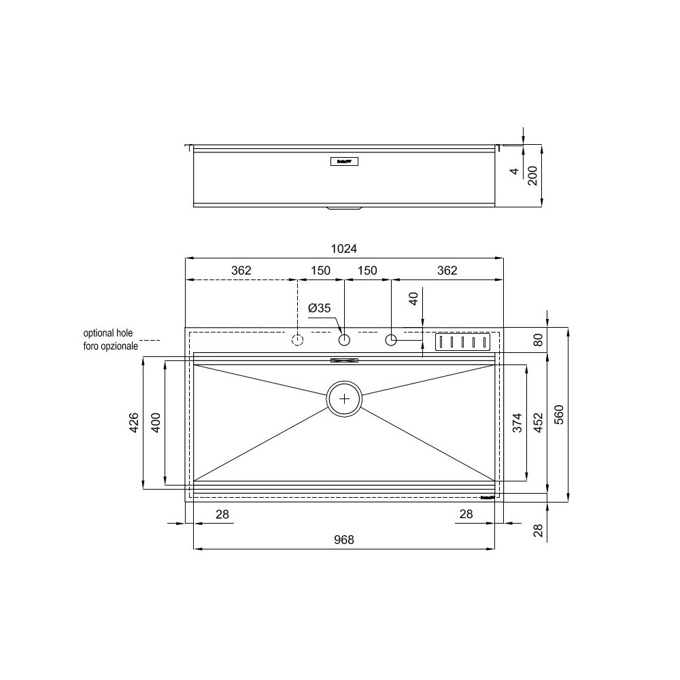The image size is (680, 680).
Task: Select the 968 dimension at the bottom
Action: [344, 540]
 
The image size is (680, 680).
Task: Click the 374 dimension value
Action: [517, 423]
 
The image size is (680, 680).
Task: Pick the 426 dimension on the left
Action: [134, 422]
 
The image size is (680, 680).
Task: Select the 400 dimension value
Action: [155, 422]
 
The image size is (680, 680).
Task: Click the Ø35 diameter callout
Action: [319, 308]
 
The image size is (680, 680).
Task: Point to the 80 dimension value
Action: [539, 340]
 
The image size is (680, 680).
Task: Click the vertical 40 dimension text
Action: [413, 300]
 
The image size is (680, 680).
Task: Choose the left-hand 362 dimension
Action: [241, 271]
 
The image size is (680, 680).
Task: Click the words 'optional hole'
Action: [108, 334]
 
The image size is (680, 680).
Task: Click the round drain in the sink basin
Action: [345, 398]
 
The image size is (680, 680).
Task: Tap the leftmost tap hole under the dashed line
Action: [297, 339]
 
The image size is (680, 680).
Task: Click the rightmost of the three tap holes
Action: [391, 339]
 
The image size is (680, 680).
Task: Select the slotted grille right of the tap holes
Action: [462, 341]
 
